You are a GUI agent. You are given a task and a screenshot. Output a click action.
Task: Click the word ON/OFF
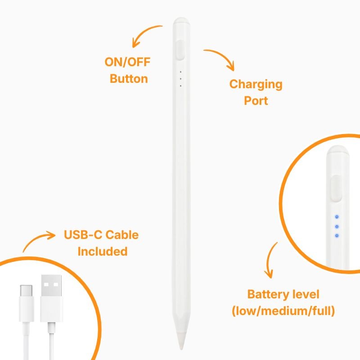click(127, 62)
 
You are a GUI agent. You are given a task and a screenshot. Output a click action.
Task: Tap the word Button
click(129, 79)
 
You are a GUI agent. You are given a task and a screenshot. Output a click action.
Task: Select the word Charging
click(256, 85)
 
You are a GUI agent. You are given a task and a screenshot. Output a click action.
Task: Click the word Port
click(256, 101)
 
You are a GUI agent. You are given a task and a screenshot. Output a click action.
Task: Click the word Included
click(103, 252)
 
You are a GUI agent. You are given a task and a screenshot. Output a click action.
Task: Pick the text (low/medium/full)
click(283, 311)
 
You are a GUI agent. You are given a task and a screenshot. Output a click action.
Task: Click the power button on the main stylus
click(180, 50)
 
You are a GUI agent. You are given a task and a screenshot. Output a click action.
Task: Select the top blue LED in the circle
click(337, 217)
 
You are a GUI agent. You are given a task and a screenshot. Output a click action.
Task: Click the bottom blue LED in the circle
click(337, 235)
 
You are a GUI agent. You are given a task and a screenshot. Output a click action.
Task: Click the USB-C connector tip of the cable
click(26, 291)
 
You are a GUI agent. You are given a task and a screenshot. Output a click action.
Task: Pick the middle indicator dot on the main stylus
click(181, 79)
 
